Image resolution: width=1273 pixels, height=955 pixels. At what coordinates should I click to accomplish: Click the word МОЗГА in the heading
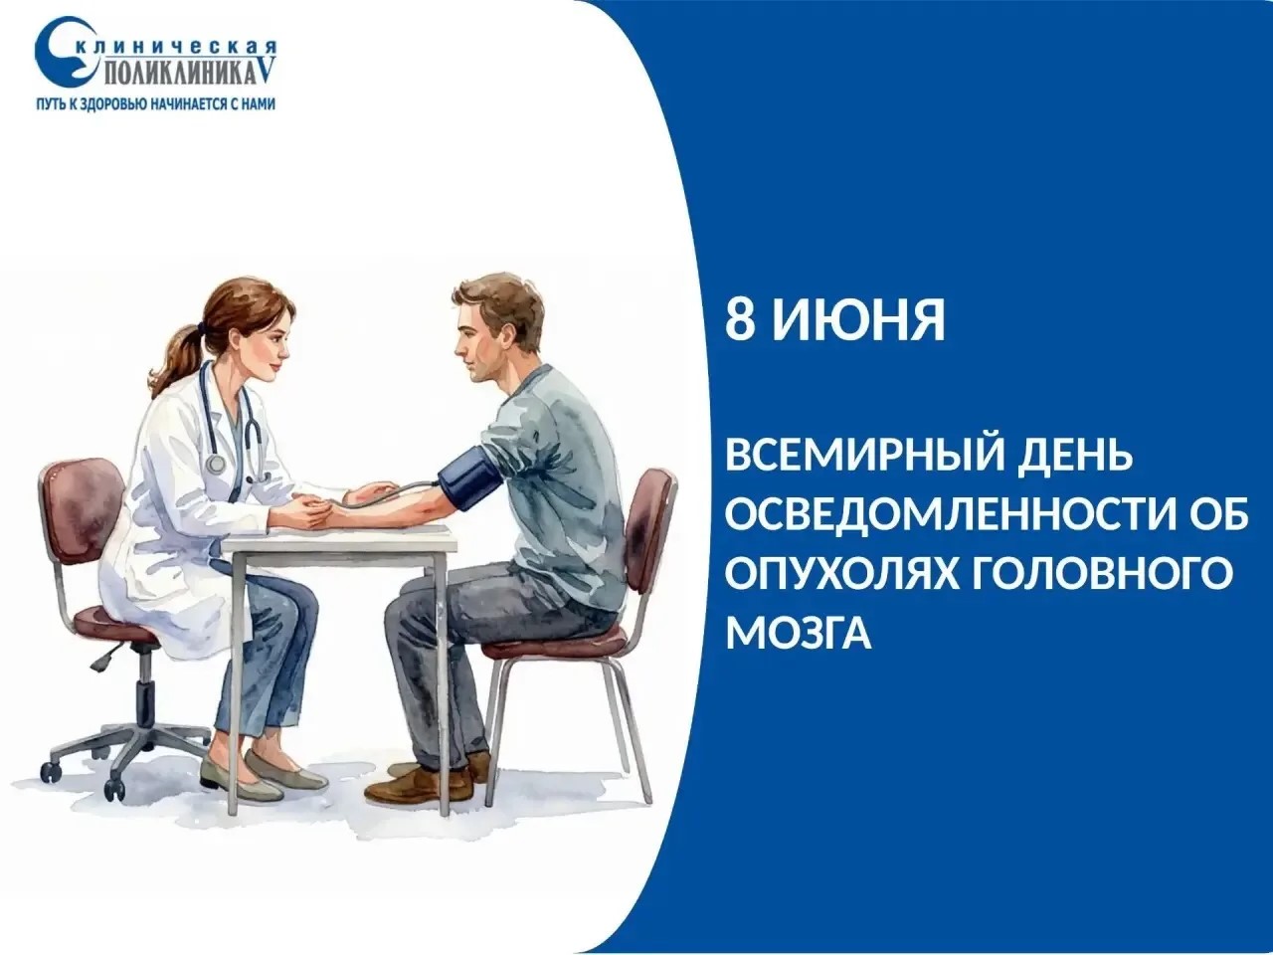point(800,631)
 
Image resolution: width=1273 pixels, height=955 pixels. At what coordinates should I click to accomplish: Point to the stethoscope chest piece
point(217,463)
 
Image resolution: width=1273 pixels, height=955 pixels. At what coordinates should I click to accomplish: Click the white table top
point(340,538)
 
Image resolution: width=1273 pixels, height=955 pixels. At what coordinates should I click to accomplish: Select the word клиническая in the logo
point(177,49)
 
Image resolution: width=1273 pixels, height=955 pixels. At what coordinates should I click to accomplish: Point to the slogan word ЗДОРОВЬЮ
point(116,104)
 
